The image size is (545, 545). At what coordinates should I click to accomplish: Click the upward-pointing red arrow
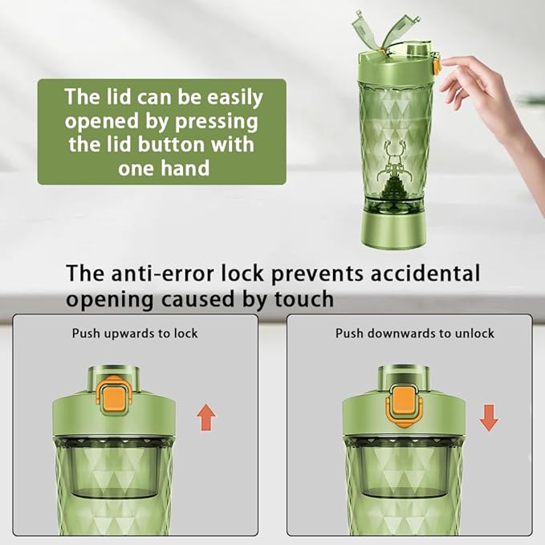coord(206,417)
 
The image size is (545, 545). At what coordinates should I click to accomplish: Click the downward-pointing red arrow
coord(489,418)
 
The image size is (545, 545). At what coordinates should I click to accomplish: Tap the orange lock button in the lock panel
coord(114,396)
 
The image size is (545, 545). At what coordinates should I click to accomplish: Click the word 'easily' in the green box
coord(235,98)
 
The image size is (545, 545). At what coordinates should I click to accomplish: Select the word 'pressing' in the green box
coord(217,122)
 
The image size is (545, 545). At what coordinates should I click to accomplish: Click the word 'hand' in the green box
coord(185,169)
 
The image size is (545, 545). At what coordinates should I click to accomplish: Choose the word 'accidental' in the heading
coord(425,273)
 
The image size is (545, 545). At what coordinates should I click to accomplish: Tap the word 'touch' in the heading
coord(304,299)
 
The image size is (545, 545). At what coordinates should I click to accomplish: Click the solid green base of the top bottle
coord(392,229)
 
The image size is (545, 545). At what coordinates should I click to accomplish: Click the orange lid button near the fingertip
coord(435,65)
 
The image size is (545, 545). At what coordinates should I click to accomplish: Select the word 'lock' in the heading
coord(242,273)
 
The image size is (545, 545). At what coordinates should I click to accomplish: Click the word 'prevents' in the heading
coord(316,275)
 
